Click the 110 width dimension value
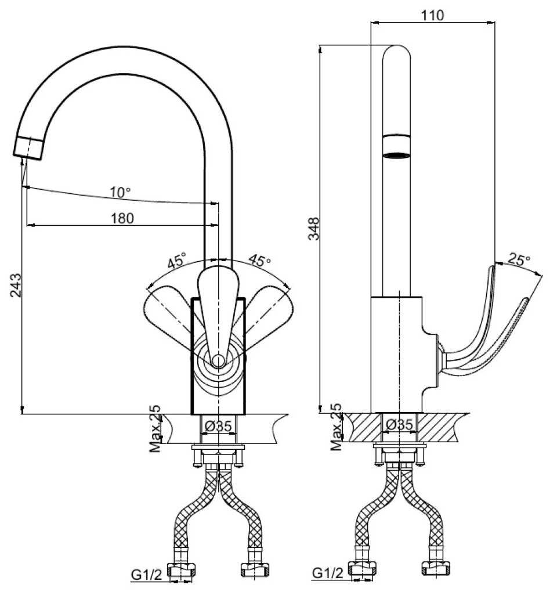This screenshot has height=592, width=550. coord(433,16)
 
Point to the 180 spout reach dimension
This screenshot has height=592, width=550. coord(122,218)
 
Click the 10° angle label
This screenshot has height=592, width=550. coord(120,192)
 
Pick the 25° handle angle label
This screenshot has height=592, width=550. coord(518,259)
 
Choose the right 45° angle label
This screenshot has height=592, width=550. coord(259,260)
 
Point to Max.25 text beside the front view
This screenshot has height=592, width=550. coord(155,429)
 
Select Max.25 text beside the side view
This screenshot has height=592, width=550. coord(336,428)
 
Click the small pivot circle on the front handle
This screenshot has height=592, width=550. coord(218,361)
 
